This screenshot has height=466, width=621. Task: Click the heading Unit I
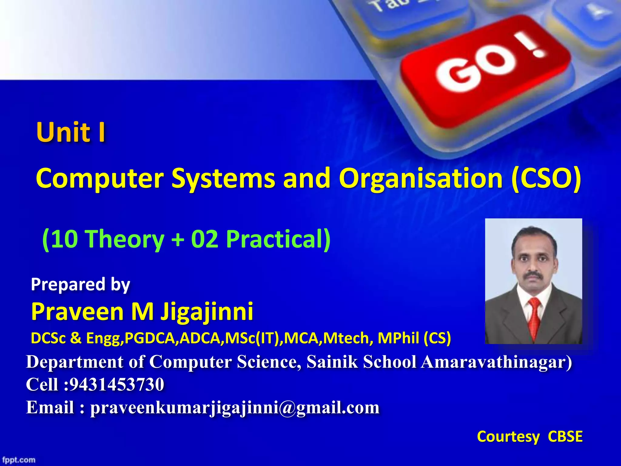(71, 132)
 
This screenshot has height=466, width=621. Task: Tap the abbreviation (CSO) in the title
(546, 178)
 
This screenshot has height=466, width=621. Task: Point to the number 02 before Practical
(204, 239)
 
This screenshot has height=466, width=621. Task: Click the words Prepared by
(80, 285)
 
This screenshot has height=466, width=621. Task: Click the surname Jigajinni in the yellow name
(207, 312)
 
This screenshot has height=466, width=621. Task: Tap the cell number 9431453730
(117, 384)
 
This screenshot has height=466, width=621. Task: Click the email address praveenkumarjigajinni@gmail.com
(235, 407)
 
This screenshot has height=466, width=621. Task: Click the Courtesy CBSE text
(529, 437)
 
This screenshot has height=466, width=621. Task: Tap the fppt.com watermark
(19, 460)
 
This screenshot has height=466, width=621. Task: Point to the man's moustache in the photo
(534, 275)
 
